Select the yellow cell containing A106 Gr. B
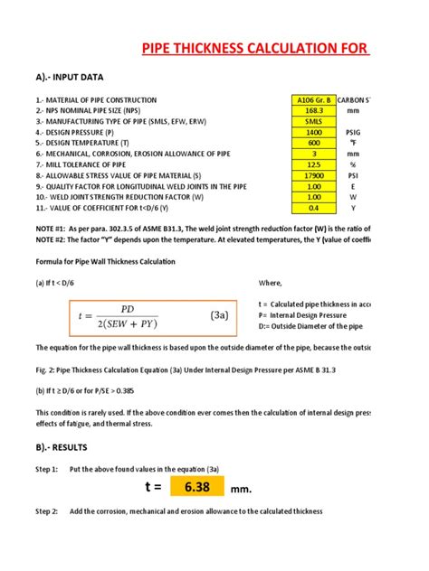314,99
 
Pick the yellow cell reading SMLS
314,120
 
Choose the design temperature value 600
314,143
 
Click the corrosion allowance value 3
314,154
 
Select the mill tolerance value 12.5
314,164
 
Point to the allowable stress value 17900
314,175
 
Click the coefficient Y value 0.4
314,208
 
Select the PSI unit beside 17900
353,175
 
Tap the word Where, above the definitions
271,283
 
